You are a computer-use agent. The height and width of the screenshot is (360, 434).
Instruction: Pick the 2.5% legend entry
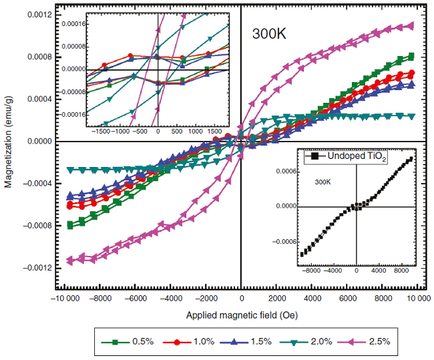point(378,341)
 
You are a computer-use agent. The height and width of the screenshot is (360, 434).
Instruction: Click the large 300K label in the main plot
point(269,34)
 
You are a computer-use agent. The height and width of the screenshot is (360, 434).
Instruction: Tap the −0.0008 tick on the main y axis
point(29,225)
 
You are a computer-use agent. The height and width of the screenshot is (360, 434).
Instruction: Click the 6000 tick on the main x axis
point(346,297)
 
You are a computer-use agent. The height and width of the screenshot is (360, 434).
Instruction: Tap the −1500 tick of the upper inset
point(102,132)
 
